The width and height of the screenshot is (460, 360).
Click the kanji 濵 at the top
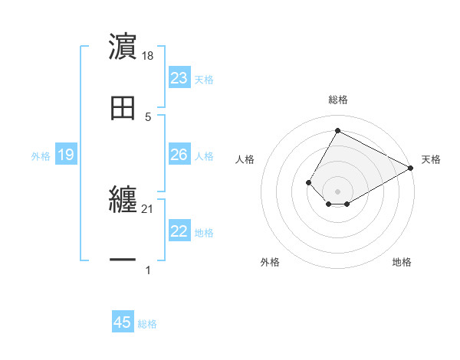(123, 47)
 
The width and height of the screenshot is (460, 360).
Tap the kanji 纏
(123, 201)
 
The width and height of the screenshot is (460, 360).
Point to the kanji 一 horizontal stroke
(123, 262)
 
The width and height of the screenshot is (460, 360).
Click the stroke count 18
(148, 56)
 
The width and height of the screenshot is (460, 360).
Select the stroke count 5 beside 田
(148, 117)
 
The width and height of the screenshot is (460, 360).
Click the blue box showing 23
(179, 78)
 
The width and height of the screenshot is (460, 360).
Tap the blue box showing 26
(179, 155)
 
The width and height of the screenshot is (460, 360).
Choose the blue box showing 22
(179, 231)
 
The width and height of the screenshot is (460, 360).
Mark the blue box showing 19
(66, 155)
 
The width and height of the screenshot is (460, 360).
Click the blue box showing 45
(123, 322)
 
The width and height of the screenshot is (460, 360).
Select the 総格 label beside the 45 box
(147, 324)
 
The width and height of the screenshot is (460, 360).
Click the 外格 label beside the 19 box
(41, 156)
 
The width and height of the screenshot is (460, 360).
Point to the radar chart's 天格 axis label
(431, 159)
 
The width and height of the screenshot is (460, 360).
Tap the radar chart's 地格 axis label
(402, 262)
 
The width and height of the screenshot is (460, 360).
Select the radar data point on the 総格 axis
(337, 130)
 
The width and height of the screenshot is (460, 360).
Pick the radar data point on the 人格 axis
(308, 182)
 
